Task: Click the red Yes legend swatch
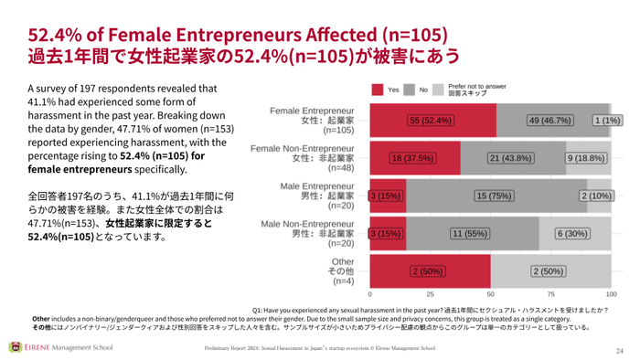(x=379, y=90)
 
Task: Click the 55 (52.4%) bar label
(x=432, y=120)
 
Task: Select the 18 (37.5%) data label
(x=413, y=158)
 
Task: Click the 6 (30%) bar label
(x=574, y=234)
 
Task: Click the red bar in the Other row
(x=430, y=271)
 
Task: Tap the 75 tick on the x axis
(x=550, y=296)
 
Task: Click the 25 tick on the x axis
(x=430, y=296)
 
